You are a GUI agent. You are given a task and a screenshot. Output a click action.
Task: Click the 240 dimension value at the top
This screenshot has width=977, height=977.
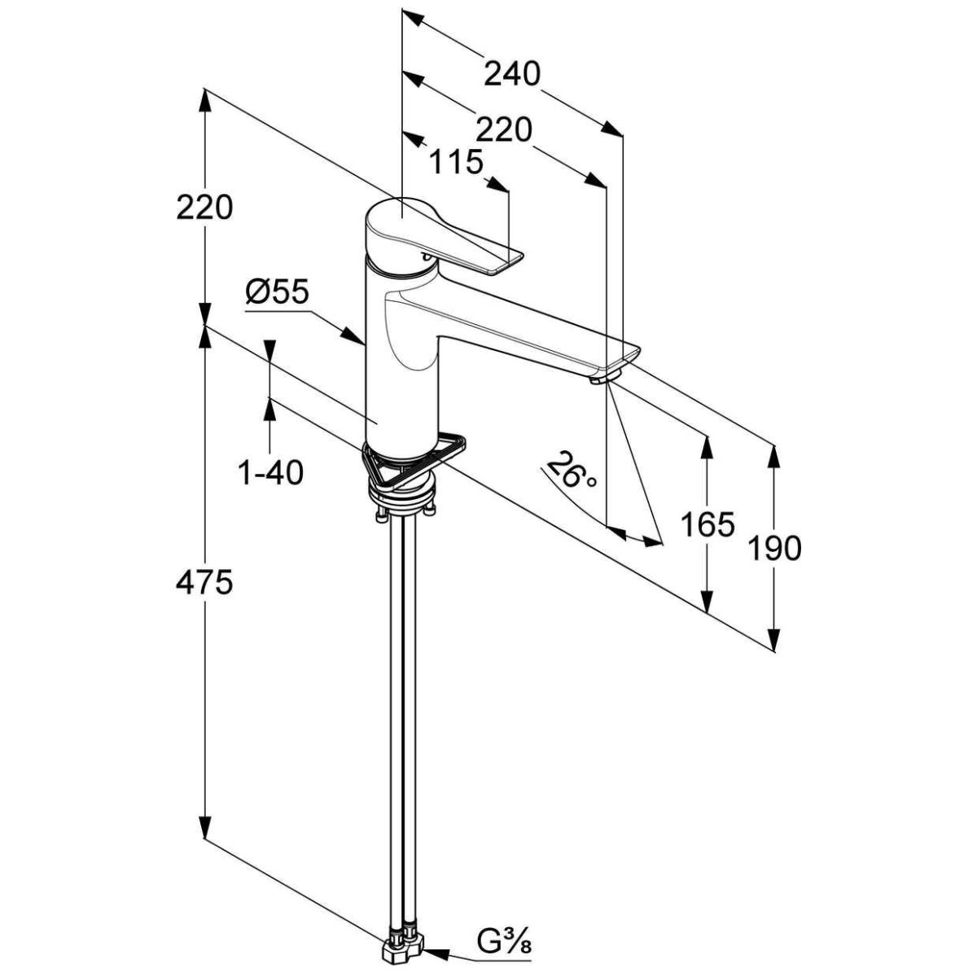point(513,74)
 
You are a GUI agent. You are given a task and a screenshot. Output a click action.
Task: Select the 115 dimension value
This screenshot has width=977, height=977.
point(455,162)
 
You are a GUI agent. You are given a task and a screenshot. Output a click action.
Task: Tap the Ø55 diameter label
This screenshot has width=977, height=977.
point(277,292)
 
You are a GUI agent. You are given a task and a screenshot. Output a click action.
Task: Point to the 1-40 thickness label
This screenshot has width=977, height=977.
point(270,472)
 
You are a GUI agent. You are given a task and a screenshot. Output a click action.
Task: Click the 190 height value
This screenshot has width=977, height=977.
point(774,548)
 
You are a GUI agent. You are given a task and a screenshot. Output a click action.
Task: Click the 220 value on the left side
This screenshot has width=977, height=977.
point(204,207)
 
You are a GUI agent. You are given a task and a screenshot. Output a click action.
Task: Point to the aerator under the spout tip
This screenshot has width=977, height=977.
point(605,378)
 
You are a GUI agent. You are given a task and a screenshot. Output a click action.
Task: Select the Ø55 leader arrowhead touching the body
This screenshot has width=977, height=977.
point(353,336)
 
